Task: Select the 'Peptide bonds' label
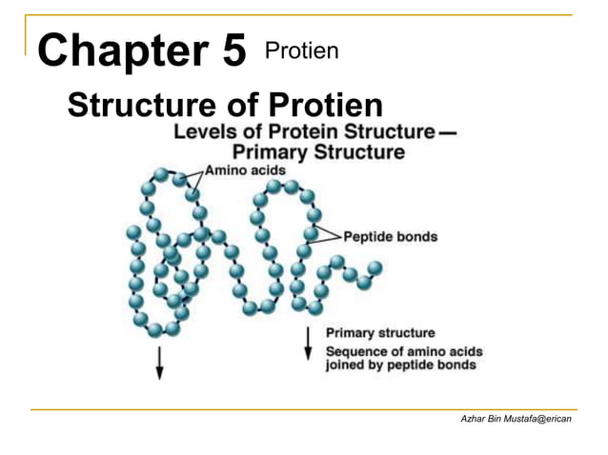[391, 237]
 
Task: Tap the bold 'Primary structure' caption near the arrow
[380, 333]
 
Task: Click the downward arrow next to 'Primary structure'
[308, 343]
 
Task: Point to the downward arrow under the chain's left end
[159, 361]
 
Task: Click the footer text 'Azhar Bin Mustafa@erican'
[517, 420]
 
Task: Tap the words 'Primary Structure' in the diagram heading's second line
[318, 151]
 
